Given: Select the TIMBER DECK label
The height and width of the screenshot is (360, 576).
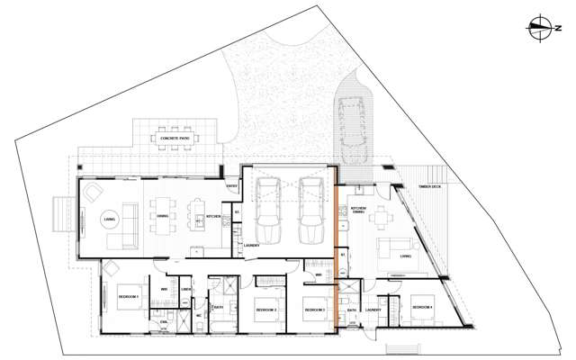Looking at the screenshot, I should coord(428,188).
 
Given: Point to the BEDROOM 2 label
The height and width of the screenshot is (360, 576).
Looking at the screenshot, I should coord(265,310).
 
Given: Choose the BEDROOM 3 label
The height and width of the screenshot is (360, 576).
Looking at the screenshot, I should coord(314,310).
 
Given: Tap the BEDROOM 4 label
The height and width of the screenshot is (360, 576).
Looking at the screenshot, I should coord(422,308).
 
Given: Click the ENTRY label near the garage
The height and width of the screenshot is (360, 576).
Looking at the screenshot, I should coord(231,186).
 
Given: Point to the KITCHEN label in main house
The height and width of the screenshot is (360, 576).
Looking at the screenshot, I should coord(213,216).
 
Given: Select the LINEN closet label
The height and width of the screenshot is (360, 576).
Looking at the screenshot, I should coord(186,289).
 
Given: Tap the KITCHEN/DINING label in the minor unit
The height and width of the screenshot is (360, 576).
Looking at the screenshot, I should coord(357,211).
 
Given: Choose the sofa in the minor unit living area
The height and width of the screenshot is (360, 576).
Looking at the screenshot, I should coord(390,247).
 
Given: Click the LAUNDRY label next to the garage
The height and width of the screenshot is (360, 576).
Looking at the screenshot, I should coord(252,245).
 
